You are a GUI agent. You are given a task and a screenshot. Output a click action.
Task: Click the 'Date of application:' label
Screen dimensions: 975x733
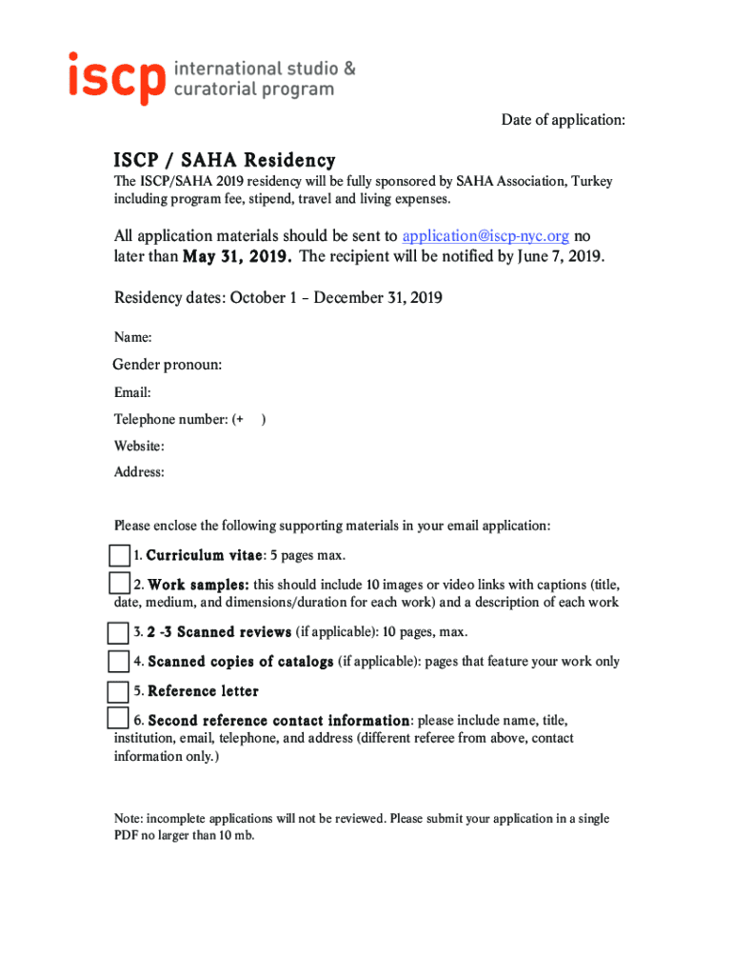pyautogui.click(x=564, y=120)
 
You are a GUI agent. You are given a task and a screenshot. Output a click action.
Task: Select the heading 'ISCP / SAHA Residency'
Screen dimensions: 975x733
pyautogui.click(x=225, y=160)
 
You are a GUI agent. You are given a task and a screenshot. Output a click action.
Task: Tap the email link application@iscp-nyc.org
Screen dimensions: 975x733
pyautogui.click(x=485, y=236)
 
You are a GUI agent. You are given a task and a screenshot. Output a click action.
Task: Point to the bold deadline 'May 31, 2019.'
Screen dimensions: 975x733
pyautogui.click(x=237, y=257)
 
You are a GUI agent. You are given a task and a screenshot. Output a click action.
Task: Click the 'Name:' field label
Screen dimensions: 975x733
pyautogui.click(x=133, y=337)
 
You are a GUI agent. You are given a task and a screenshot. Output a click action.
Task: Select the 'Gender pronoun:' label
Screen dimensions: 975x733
pyautogui.click(x=168, y=365)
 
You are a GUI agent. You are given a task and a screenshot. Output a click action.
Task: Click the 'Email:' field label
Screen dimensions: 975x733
pyautogui.click(x=132, y=392)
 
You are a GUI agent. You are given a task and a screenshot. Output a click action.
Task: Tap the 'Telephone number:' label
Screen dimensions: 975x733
pyautogui.click(x=170, y=419)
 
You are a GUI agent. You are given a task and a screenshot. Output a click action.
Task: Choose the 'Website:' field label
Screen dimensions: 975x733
pyautogui.click(x=139, y=446)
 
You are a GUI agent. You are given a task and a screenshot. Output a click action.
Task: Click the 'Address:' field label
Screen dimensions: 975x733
pyautogui.click(x=139, y=472)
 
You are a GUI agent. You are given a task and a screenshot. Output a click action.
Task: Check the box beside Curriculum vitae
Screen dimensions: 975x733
pyautogui.click(x=119, y=555)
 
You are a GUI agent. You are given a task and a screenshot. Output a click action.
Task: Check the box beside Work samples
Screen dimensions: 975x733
pyautogui.click(x=119, y=584)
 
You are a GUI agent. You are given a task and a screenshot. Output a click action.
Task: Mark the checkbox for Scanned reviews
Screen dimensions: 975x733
pyautogui.click(x=118, y=633)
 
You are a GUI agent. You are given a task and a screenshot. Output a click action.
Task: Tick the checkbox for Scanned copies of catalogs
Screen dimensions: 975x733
pyautogui.click(x=118, y=662)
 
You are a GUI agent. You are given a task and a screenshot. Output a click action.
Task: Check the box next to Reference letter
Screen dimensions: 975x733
pyautogui.click(x=118, y=691)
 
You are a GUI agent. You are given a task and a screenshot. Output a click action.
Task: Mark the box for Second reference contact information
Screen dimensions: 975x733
pyautogui.click(x=118, y=719)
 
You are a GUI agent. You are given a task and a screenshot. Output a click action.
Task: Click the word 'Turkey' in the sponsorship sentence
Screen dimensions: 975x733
pyautogui.click(x=590, y=182)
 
